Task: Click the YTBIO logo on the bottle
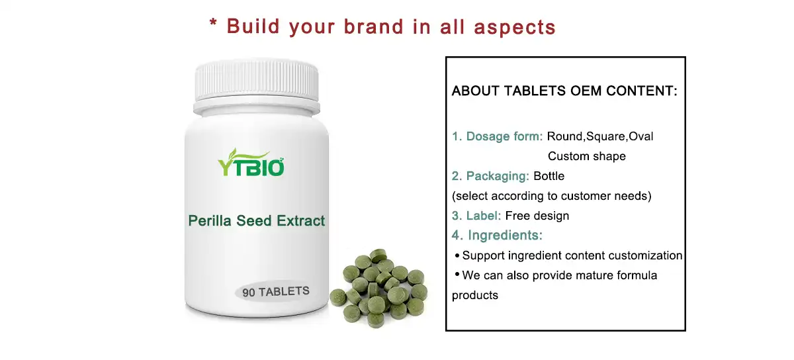click(251, 163)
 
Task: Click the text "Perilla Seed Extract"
click(257, 220)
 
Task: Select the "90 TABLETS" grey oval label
click(276, 292)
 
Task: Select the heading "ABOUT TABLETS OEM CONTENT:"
click(564, 91)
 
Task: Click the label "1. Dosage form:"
click(498, 136)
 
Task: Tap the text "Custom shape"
click(586, 157)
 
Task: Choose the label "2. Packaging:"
click(490, 176)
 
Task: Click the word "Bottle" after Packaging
click(549, 176)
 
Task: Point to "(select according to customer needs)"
click(552, 196)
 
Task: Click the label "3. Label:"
click(476, 216)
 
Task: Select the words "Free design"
click(537, 216)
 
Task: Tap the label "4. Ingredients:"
click(497, 236)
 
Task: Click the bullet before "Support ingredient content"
click(457, 255)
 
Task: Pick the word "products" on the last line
click(475, 295)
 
